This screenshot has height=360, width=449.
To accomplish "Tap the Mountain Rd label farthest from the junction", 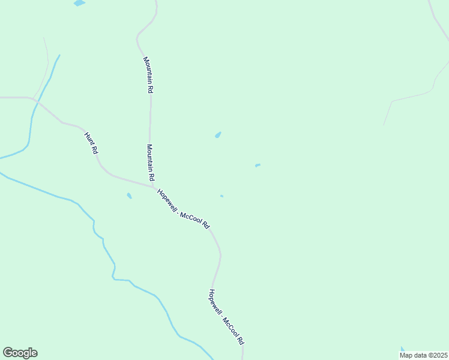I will [x=148, y=74].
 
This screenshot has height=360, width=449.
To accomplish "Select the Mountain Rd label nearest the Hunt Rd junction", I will [x=151, y=163].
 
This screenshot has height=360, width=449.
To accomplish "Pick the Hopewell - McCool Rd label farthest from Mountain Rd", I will [x=226, y=316].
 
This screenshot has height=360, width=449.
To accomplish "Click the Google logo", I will [x=20, y=353].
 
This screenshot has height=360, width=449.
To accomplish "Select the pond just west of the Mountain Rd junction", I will [x=129, y=196].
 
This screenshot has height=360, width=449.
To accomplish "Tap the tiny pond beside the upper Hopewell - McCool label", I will [x=221, y=196].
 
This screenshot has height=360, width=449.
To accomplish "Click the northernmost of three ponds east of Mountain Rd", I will [x=218, y=135].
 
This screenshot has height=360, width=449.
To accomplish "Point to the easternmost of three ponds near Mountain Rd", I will [x=258, y=165].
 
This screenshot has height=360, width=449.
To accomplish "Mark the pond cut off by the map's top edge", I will [x=79, y=3].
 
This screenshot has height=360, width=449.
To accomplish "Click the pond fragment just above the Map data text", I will [x=403, y=349].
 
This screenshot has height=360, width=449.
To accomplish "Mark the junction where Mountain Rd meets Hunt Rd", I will [x=153, y=187].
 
